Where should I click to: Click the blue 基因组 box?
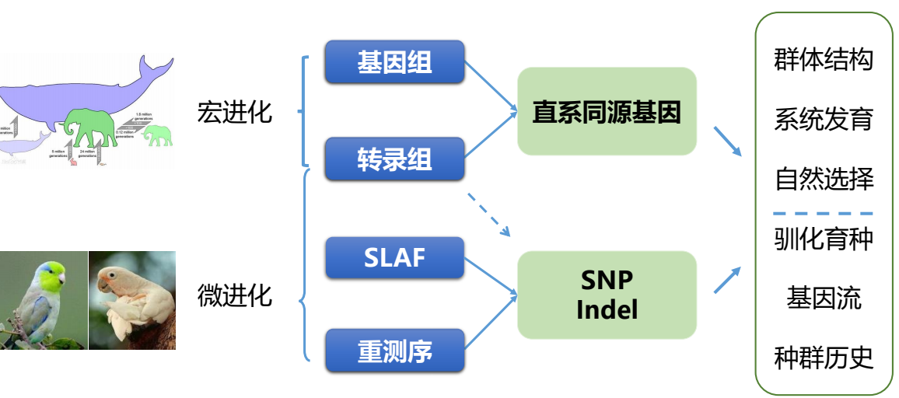click(x=394, y=61)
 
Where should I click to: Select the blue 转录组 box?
click(x=394, y=159)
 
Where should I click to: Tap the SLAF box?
click(x=394, y=257)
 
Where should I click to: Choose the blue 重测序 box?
click(x=394, y=351)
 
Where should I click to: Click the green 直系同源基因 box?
click(x=607, y=111)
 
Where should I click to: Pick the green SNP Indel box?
click(x=607, y=295)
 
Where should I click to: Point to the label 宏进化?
click(x=235, y=112)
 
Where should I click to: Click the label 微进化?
click(x=235, y=295)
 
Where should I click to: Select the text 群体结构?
click(x=824, y=60)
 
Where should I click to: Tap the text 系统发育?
click(x=824, y=120)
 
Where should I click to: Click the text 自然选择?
click(x=824, y=180)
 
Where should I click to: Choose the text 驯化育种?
click(x=824, y=239)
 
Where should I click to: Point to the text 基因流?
click(x=824, y=298)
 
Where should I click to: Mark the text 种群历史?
click(x=824, y=358)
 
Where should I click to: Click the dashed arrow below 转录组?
click(x=488, y=214)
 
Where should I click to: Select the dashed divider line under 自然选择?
click(x=824, y=212)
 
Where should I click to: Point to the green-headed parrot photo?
click(x=44, y=299)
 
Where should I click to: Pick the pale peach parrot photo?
click(x=132, y=299)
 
